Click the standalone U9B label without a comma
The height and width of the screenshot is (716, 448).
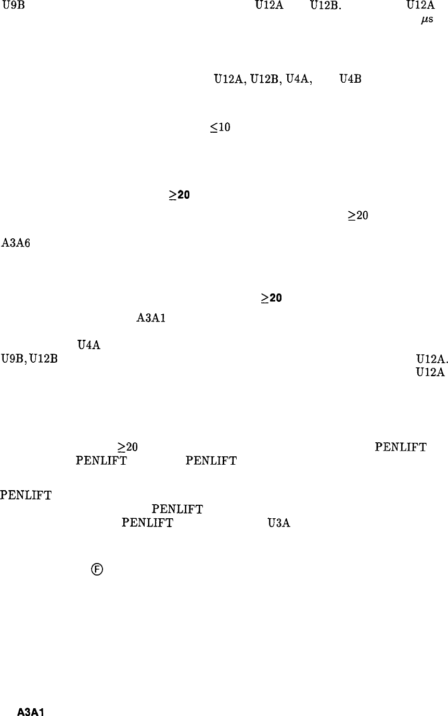(11, 7)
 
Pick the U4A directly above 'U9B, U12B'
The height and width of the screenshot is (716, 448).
(88, 344)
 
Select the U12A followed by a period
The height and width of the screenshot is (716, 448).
(430, 359)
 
